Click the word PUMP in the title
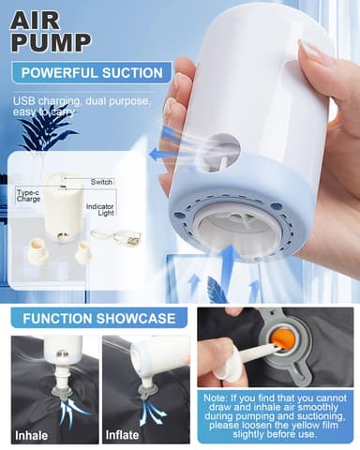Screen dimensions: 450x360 (52, 42)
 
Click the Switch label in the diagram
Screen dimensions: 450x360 (102, 181)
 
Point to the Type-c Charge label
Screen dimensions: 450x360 (28, 196)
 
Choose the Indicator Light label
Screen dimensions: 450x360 (100, 209)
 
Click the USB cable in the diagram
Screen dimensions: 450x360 (125, 238)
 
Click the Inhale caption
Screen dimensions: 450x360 (31, 435)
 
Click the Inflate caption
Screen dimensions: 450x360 (122, 435)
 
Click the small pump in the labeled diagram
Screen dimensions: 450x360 (64, 201)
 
